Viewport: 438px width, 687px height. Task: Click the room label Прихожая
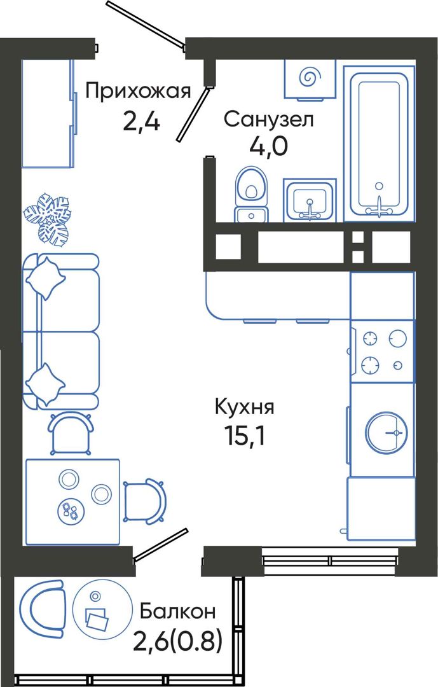pos(139,92)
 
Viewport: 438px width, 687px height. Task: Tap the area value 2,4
pos(142,121)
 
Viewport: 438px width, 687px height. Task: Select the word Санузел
pos(269,119)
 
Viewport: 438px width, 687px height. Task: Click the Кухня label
pos(244,408)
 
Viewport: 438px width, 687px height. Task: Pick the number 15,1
pos(244,435)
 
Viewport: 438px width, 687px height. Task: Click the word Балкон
pos(177,611)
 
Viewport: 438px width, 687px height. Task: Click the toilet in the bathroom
pos(251,193)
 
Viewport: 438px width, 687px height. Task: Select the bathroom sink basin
pos(310,200)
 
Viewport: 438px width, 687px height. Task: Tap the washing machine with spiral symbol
pos(310,79)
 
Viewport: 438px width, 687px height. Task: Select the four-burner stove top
pos(382,351)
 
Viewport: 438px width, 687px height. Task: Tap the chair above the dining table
pos(71,431)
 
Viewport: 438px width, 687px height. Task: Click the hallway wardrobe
pos(48,113)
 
